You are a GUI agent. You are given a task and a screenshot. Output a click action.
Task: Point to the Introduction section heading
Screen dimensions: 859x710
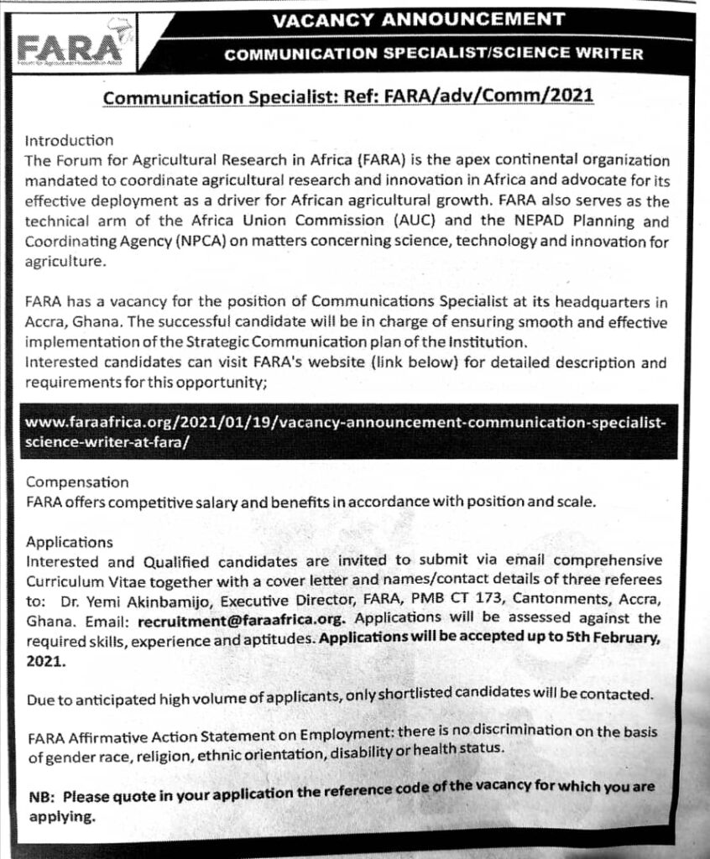pyautogui.click(x=69, y=140)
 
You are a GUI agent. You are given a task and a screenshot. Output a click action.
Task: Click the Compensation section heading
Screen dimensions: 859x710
pyautogui.click(x=77, y=483)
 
